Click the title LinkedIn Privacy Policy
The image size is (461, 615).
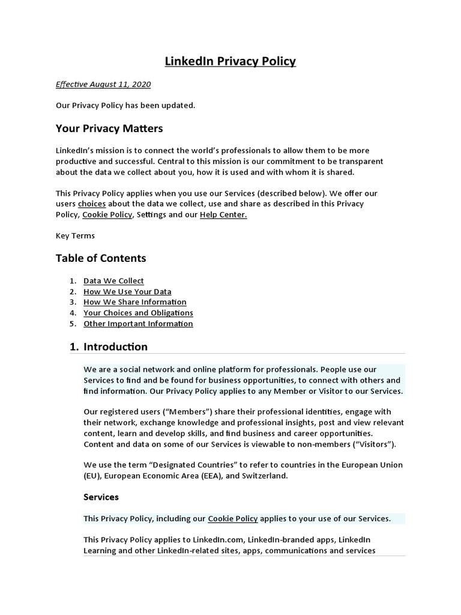(x=230, y=61)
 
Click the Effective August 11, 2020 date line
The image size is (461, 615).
(x=103, y=84)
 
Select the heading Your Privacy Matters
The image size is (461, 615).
(x=109, y=129)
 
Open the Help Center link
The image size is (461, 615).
(x=223, y=214)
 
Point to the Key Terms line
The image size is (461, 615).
(x=75, y=235)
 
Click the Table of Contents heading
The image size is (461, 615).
(x=101, y=258)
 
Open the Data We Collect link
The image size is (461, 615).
(x=113, y=280)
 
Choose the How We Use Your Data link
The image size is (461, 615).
(x=127, y=291)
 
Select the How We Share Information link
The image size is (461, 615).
(x=134, y=302)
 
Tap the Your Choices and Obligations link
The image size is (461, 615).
(x=138, y=313)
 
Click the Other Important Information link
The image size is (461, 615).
(x=138, y=324)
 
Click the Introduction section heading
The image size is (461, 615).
(x=115, y=347)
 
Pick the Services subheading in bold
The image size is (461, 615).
(x=101, y=497)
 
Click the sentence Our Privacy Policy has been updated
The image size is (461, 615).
(x=125, y=106)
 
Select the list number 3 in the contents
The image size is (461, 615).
(x=72, y=302)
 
